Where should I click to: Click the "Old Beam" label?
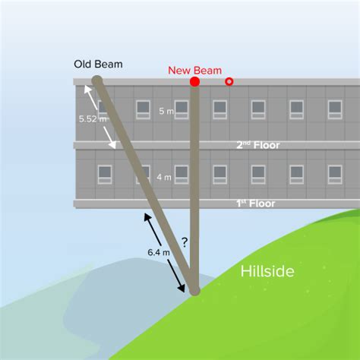[98, 64]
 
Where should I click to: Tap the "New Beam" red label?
[195, 71]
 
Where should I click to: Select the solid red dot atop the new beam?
[194, 81]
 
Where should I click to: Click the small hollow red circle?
[229, 81]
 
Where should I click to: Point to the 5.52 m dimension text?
[93, 118]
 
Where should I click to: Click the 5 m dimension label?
[166, 111]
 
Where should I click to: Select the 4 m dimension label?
[164, 177]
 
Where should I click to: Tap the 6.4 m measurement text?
[159, 252]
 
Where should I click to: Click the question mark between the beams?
[185, 242]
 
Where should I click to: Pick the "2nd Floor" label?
[258, 145]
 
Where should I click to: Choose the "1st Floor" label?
[256, 204]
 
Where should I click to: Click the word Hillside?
[267, 271]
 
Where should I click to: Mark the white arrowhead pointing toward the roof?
[87, 89]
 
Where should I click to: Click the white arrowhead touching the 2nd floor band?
[112, 145]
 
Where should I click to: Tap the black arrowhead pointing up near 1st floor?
[147, 216]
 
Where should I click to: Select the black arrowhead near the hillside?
[182, 288]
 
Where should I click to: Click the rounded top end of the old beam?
[97, 81]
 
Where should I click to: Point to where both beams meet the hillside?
[194, 291]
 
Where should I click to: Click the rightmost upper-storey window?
[335, 109]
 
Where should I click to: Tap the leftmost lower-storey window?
[105, 175]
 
